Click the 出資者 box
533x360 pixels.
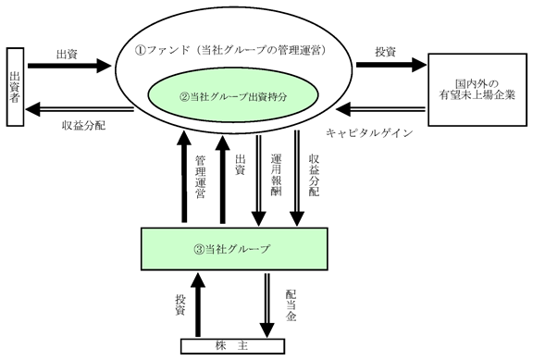click(x=15, y=87)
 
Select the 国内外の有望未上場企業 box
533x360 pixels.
click(x=477, y=90)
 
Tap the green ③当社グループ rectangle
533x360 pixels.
click(x=234, y=249)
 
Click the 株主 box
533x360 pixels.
click(x=232, y=346)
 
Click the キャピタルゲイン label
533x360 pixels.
click(x=369, y=133)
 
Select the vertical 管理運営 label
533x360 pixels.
click(x=200, y=177)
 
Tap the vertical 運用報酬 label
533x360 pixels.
click(x=276, y=175)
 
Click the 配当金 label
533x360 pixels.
click(x=291, y=305)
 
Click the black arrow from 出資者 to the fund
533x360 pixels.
click(x=69, y=66)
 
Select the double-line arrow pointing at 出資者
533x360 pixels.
click(x=80, y=109)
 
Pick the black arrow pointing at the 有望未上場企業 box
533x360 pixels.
click(x=391, y=65)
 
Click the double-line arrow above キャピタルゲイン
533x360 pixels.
click(x=380, y=109)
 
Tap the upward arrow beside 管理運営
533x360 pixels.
click(x=184, y=177)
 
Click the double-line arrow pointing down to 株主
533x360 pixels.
click(x=267, y=305)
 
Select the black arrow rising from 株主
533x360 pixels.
click(x=198, y=304)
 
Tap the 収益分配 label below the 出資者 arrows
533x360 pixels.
click(x=83, y=126)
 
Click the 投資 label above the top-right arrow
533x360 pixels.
click(x=386, y=52)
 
